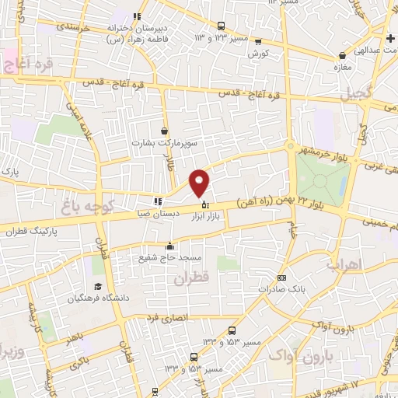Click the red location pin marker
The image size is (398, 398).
click(x=200, y=183)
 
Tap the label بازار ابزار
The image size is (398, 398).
click(x=203, y=217)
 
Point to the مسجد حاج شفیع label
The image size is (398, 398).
click(x=169, y=259)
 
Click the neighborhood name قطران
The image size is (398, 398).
click(x=192, y=279)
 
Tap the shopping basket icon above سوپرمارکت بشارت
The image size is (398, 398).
click(x=164, y=131)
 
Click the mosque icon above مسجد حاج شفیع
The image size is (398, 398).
click(x=169, y=248)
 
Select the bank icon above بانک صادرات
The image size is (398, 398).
click(x=281, y=278)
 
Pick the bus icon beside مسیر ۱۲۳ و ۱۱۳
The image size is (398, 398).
click(x=220, y=26)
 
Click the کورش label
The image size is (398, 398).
click(x=258, y=54)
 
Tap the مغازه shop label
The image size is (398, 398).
click(x=342, y=68)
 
